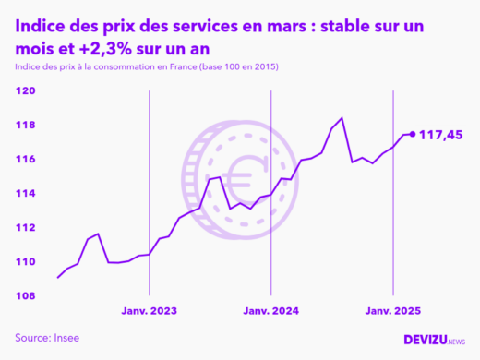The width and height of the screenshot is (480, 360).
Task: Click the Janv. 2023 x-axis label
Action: pyautogui.click(x=150, y=312)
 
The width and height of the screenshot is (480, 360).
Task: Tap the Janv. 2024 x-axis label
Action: pyautogui.click(x=270, y=312)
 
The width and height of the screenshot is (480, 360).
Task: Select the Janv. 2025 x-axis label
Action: pyautogui.click(x=394, y=312)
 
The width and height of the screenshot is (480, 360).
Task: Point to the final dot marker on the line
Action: pyautogui.click(x=412, y=134)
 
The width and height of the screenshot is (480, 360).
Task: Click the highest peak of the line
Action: pyautogui.click(x=342, y=118)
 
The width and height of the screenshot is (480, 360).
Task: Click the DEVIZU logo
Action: pyautogui.click(x=434, y=340)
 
